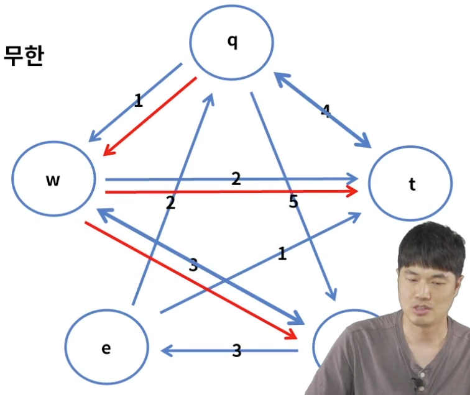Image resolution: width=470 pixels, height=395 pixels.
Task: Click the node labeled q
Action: [231, 42]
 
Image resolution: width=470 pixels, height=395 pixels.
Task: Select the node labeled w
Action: [53, 180]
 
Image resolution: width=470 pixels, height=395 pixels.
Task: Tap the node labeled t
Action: [410, 184]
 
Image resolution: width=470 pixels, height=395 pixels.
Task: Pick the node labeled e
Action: [106, 348]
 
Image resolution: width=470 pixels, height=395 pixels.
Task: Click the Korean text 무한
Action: [23, 56]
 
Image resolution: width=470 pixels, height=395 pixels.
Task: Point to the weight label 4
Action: [325, 111]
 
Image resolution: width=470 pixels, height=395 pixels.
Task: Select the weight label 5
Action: [293, 202]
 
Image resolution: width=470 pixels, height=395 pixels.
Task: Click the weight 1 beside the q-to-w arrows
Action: [138, 100]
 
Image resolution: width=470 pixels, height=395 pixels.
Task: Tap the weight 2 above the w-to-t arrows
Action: [236, 179]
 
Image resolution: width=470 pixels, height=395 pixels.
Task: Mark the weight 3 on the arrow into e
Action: [236, 351]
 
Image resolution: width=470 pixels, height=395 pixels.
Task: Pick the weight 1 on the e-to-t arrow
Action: [282, 253]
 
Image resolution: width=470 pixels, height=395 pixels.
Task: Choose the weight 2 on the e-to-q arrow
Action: [170, 202]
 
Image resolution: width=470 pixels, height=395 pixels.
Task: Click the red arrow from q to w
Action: [150, 116]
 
